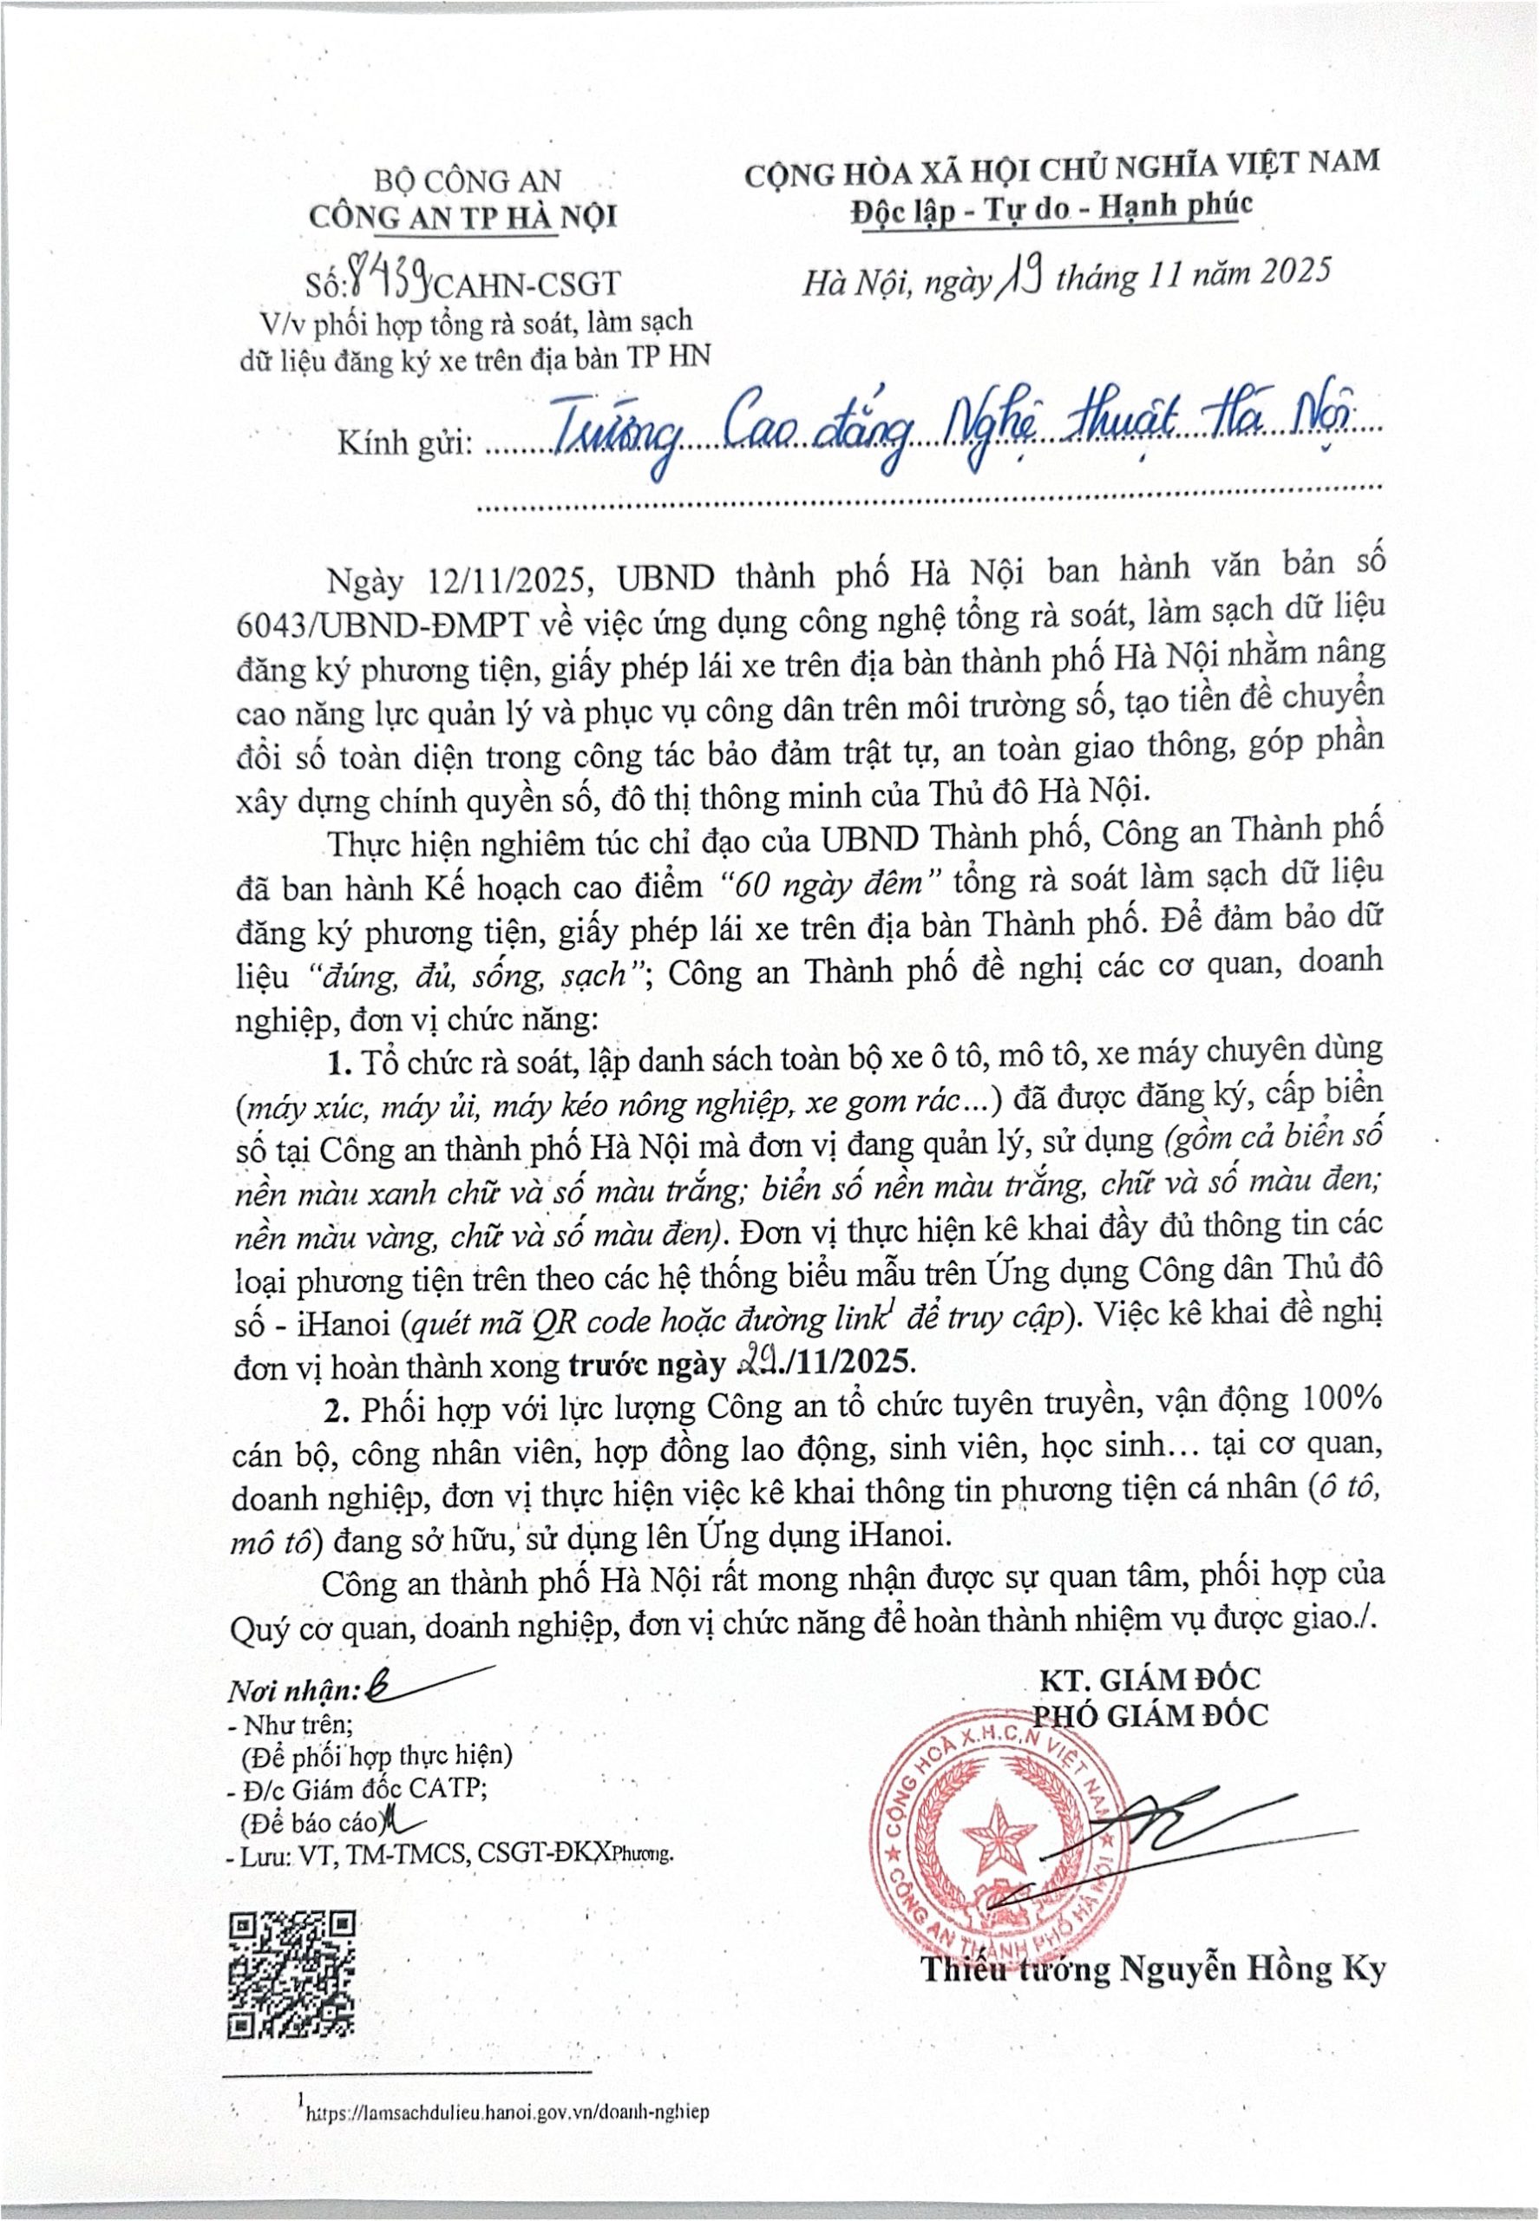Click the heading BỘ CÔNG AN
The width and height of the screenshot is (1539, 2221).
(467, 180)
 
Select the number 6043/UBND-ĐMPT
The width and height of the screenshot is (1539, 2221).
(382, 624)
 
